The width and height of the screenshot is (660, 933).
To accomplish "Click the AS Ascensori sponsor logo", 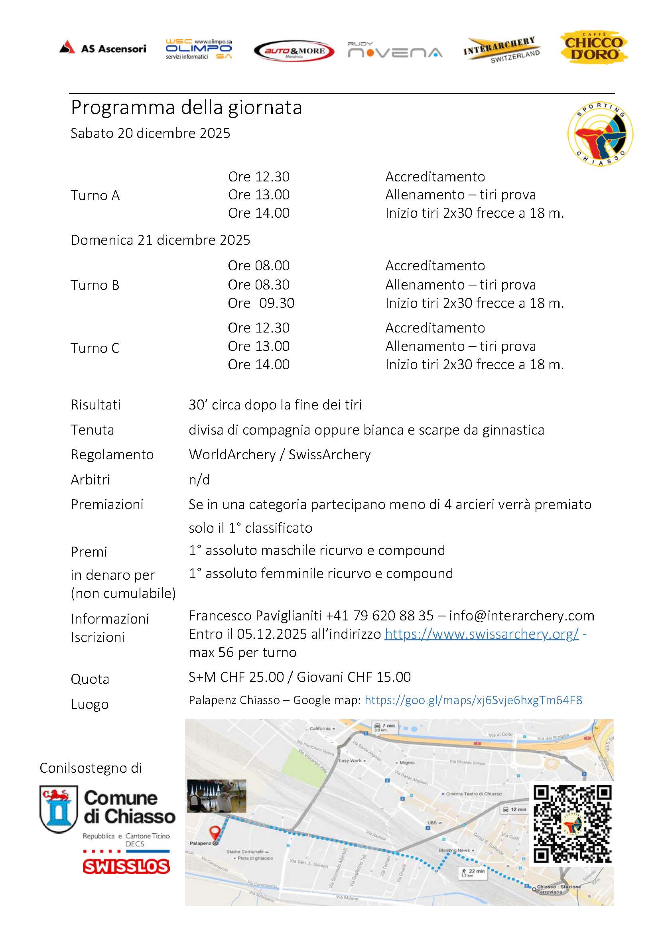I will [x=102, y=48].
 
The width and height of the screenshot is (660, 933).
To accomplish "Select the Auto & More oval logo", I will [x=294, y=51].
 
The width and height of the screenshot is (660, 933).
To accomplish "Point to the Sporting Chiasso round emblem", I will [x=600, y=134].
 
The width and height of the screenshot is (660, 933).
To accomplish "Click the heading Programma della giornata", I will [x=186, y=108].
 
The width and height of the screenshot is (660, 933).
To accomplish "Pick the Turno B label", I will [x=95, y=285].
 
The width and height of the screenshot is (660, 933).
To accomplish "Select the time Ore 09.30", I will [x=261, y=303].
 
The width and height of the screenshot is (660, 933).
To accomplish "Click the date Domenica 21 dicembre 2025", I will [x=161, y=240].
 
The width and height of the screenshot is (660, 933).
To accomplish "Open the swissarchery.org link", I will [x=482, y=634].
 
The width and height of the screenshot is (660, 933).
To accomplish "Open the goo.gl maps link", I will [x=473, y=700].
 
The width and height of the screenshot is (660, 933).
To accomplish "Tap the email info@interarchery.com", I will [x=521, y=616].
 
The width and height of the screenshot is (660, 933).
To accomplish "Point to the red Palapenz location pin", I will [x=214, y=833].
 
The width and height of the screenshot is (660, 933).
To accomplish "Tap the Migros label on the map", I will [x=407, y=763].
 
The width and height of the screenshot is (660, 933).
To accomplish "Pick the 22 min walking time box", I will [x=474, y=873].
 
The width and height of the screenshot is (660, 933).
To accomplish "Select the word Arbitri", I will [x=90, y=480].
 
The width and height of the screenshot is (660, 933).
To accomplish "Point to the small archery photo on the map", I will [x=217, y=796].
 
